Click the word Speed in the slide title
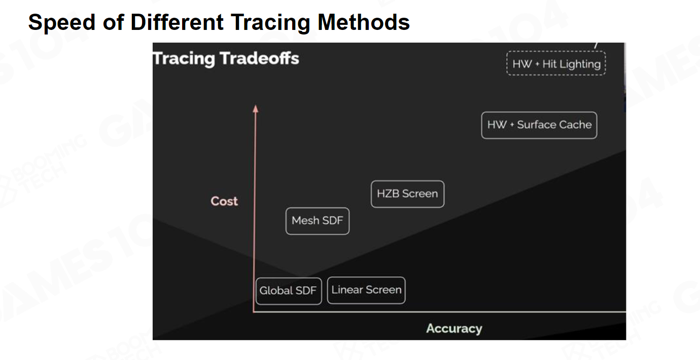point(61,23)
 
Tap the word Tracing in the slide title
point(270,23)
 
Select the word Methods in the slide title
point(363,22)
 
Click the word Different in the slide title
point(177,22)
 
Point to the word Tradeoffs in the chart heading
point(259,58)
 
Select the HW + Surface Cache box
point(539,125)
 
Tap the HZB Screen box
point(407,194)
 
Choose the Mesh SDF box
point(318,221)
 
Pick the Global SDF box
point(289,291)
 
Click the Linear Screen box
point(366,291)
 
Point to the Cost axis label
point(224,201)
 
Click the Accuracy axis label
point(454,329)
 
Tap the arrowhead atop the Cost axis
point(256,109)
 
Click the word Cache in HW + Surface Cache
point(575,125)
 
